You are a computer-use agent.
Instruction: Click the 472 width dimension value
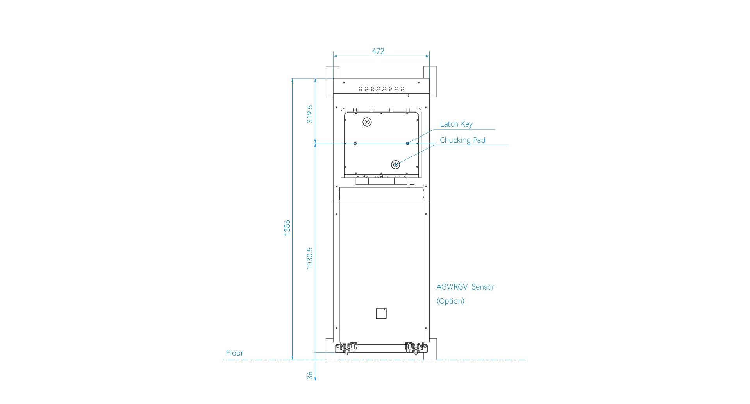(x=378, y=51)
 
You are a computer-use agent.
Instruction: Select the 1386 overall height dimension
(x=287, y=227)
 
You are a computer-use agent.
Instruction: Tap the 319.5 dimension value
(x=310, y=114)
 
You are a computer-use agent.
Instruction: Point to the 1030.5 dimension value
(x=310, y=258)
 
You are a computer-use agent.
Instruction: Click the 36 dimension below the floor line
(x=310, y=375)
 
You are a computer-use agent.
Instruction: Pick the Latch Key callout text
(x=456, y=124)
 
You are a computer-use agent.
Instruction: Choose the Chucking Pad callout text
(x=462, y=140)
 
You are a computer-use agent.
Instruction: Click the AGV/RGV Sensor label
(x=465, y=287)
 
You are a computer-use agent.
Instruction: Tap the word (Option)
(x=450, y=301)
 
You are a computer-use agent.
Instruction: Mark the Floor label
(x=234, y=353)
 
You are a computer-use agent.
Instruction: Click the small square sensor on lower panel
(x=381, y=313)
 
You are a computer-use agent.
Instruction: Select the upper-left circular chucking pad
(x=367, y=122)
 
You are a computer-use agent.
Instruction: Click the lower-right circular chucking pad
(x=396, y=165)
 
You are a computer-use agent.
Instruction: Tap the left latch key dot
(x=355, y=143)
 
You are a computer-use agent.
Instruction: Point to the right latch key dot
(x=407, y=143)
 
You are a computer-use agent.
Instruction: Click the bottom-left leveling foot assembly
(x=346, y=348)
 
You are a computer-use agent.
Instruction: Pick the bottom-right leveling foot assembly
(x=414, y=348)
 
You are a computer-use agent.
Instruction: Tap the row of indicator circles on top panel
(x=381, y=89)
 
